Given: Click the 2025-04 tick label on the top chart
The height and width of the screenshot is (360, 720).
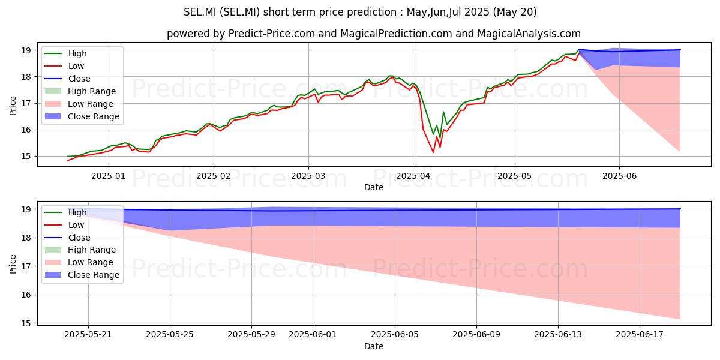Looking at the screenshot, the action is (413, 176).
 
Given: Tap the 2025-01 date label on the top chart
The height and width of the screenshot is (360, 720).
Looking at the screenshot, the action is (109, 176).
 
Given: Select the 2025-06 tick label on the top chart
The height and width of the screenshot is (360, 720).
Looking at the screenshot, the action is (619, 176).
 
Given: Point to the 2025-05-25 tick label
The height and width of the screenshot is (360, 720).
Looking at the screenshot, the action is (170, 335).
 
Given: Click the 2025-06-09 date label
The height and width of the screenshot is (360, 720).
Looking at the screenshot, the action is (476, 335).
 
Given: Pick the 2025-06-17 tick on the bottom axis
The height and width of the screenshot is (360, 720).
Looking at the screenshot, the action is (640, 335).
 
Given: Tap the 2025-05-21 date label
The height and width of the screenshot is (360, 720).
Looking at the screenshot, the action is (88, 335).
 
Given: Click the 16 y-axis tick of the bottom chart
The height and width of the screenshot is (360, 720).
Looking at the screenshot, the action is (26, 295).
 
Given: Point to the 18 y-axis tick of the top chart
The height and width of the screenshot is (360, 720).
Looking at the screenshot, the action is (26, 77).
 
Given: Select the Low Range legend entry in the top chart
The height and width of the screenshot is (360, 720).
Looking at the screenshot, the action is (79, 104).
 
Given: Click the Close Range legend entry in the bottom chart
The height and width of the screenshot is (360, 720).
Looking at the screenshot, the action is (82, 275).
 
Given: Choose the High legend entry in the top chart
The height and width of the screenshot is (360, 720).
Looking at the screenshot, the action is (65, 53).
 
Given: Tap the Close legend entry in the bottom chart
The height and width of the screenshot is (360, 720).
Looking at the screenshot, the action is (67, 238).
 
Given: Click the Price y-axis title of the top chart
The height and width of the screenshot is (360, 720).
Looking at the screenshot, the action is (13, 106).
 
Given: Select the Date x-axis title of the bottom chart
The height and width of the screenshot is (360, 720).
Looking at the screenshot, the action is (374, 346).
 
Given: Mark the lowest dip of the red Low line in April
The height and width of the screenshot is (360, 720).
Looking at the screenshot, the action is (433, 152).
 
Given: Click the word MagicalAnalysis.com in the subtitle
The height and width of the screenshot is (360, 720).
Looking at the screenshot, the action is (529, 34).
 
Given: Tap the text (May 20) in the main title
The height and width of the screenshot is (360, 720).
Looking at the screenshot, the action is (515, 12).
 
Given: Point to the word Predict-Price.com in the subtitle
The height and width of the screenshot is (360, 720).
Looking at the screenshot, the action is (272, 34).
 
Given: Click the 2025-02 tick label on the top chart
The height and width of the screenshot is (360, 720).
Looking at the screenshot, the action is (214, 176).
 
